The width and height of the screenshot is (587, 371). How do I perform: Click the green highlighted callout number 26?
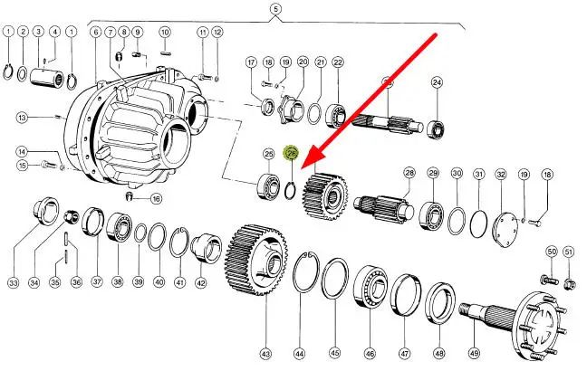(x=292, y=154)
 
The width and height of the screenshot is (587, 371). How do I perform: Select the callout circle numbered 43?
(x=265, y=353)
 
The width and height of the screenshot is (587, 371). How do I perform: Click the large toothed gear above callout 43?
(x=262, y=263)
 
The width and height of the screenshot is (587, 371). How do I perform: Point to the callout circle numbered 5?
(x=276, y=11)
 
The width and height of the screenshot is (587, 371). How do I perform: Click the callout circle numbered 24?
(x=437, y=83)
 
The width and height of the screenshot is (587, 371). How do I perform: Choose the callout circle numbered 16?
(x=156, y=199)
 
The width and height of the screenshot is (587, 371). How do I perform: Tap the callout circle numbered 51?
(x=568, y=252)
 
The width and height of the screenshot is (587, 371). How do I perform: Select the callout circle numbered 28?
(x=409, y=172)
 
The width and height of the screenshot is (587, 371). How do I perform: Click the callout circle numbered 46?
(x=369, y=353)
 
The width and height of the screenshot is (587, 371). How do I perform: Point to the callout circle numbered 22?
(x=338, y=62)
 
